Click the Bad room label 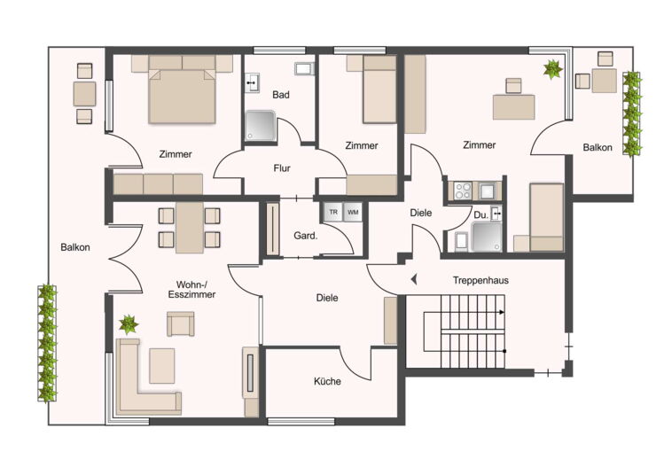281,95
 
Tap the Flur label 282,168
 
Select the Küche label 327,381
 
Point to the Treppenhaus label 481,281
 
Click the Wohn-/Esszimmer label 191,290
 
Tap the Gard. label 306,235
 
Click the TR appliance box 333,213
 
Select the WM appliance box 353,213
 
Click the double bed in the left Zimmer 182,90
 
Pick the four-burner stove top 463,191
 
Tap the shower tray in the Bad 260,126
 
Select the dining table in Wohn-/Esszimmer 190,228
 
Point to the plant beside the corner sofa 129,324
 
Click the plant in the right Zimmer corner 553,69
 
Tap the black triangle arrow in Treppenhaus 414,280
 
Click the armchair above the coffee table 181,323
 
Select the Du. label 481,215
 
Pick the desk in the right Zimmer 514,107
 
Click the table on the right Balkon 605,81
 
